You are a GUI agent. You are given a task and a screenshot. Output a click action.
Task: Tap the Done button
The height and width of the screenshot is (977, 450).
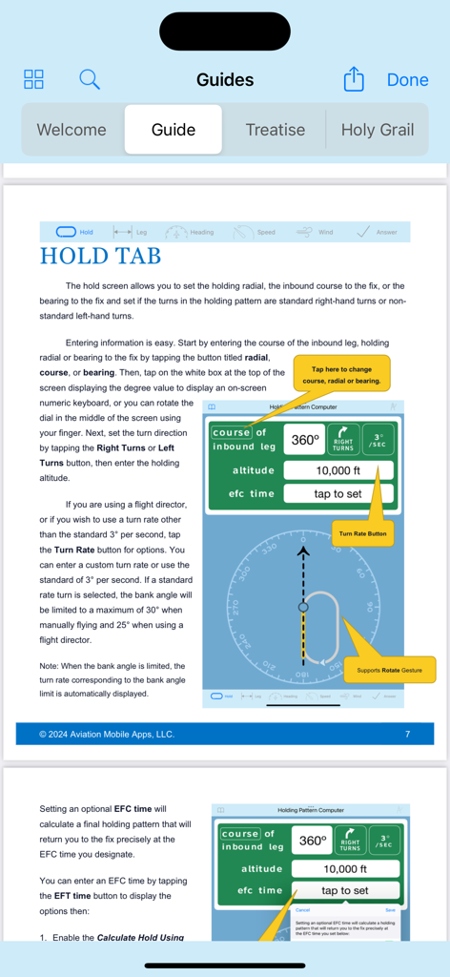[407, 80]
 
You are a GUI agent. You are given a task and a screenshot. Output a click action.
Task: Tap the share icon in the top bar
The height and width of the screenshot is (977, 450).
[354, 79]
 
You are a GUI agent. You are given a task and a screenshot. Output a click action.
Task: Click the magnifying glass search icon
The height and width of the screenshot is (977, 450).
[90, 79]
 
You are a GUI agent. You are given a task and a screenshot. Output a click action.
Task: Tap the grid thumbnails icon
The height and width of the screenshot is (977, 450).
[34, 79]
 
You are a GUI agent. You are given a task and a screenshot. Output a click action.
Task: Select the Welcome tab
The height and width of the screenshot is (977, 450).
[72, 130]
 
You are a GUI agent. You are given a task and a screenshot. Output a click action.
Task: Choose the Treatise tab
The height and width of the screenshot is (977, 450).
[275, 130]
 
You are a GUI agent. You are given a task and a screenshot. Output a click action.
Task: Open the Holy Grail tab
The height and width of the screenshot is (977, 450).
[378, 130]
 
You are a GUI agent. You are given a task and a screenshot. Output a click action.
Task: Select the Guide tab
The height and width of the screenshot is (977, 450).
[174, 130]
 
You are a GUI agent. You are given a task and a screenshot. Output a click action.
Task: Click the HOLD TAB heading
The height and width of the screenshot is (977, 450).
[100, 256]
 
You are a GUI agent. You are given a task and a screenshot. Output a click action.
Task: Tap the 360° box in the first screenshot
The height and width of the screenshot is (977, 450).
[305, 441]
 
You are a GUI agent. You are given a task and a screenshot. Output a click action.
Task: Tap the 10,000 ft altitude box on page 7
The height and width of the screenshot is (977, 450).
[338, 470]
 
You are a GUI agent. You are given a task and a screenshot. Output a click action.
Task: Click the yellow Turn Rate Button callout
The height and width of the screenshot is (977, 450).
[363, 533]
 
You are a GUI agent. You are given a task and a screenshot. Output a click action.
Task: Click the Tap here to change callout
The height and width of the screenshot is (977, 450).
[341, 374]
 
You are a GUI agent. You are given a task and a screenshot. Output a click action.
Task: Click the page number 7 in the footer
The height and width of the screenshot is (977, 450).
[407, 734]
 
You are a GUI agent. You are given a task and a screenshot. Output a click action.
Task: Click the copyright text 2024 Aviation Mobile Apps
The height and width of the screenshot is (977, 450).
[106, 734]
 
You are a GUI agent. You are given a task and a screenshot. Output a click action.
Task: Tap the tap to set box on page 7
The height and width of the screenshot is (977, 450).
[338, 493]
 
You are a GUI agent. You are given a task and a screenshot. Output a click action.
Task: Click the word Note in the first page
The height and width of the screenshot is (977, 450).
[49, 666]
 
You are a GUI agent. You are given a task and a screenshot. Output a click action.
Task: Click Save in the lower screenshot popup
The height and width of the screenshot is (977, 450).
[390, 910]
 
